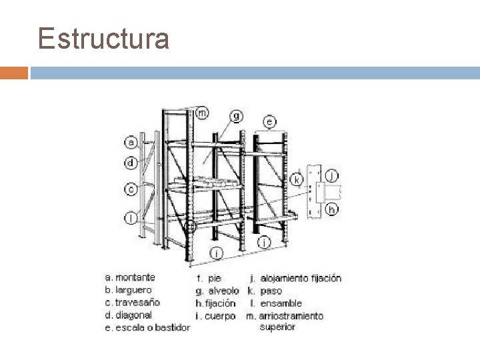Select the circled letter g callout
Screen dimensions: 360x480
(x=237, y=116)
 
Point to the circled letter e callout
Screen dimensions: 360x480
(x=269, y=122)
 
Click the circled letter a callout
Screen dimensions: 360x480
(x=132, y=142)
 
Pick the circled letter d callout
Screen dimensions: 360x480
(x=132, y=161)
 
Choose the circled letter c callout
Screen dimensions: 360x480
(x=132, y=189)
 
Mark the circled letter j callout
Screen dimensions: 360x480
(x=333, y=175)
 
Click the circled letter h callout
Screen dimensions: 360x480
(x=331, y=209)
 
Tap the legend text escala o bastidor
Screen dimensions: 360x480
(x=152, y=327)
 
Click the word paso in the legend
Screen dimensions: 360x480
(x=271, y=291)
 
